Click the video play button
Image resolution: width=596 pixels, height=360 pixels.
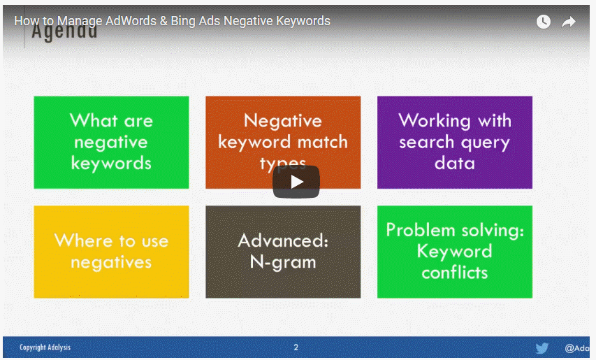pos(296,182)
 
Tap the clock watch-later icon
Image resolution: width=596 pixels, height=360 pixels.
pos(543,22)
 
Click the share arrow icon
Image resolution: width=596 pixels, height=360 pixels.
pos(569,22)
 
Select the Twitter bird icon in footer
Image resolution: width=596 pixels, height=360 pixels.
pos(542,348)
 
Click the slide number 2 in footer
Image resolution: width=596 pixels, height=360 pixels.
pos(296,347)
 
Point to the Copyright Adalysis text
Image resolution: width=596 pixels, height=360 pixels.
pos(45,347)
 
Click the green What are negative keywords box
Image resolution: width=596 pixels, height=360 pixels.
pos(111,142)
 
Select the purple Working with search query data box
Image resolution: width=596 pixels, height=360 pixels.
pos(455,142)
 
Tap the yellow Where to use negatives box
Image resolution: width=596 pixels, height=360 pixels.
pos(111,252)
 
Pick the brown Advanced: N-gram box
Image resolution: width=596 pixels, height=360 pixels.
pos(283,252)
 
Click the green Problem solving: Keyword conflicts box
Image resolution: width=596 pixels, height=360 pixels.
pos(455,252)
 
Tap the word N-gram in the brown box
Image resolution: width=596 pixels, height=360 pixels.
pos(283,263)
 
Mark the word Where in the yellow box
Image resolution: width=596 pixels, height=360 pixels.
pos(82,241)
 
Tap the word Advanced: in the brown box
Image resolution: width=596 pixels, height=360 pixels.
pos(283,241)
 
